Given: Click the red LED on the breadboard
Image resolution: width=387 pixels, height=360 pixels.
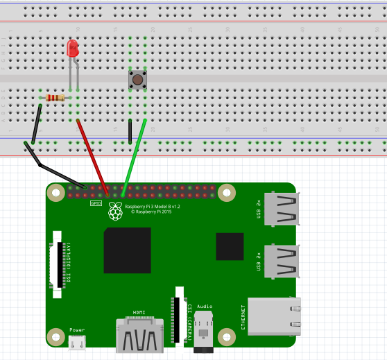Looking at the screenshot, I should pos(72,49).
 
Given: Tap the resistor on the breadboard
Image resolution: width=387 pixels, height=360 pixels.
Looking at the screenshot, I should pos(54,98).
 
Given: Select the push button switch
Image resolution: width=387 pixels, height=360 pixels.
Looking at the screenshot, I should pos(137,80).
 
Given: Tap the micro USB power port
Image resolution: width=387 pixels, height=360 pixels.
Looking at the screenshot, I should pos(78,342).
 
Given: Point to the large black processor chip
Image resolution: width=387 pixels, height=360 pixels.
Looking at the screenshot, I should pos(127,250).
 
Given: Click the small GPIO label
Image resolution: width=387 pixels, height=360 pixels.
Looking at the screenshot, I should pos(96,203).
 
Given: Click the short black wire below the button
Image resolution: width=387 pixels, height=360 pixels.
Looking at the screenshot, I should pos(130,131).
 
